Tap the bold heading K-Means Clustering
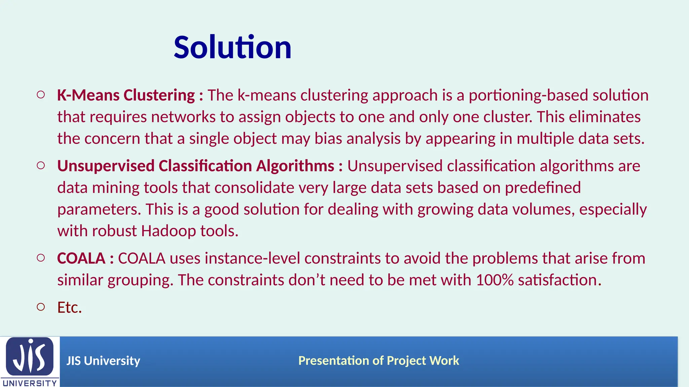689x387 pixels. click(x=126, y=95)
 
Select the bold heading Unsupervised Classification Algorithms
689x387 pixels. click(x=195, y=166)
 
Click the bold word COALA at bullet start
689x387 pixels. click(x=81, y=258)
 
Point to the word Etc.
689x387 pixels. click(x=69, y=307)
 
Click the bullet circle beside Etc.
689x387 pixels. click(x=41, y=307)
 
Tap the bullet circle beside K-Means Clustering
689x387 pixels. click(x=41, y=95)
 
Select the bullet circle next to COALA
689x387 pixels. click(x=41, y=258)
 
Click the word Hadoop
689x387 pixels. click(x=168, y=231)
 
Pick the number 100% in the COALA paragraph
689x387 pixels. click(x=495, y=280)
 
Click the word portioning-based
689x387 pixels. click(x=528, y=95)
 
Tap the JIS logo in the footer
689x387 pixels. click(x=30, y=356)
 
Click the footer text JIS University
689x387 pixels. click(x=103, y=361)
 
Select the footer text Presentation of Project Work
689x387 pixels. click(x=378, y=360)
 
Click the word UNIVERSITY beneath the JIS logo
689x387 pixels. click(x=30, y=383)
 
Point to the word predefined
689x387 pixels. click(x=543, y=188)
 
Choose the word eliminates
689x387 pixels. click(x=605, y=117)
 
